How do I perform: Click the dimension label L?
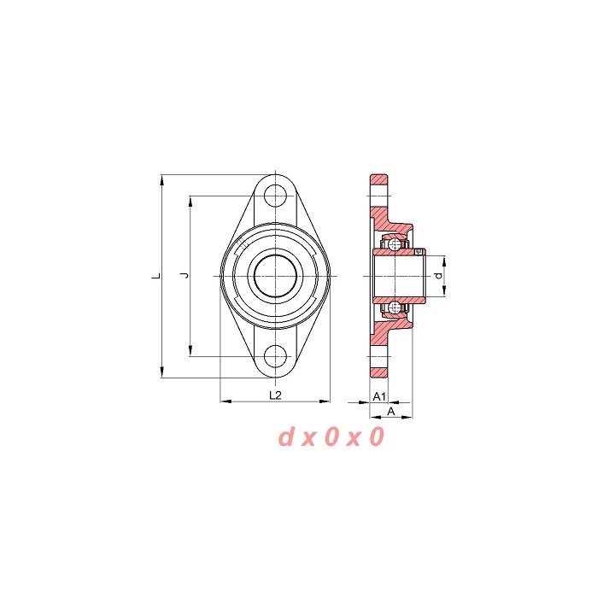[156, 276]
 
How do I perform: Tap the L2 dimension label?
[275, 395]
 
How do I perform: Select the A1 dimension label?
[379, 396]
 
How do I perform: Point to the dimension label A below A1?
[391, 411]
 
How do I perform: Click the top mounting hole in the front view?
[275, 196]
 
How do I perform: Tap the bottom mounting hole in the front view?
[275, 356]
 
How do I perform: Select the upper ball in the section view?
[394, 245]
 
